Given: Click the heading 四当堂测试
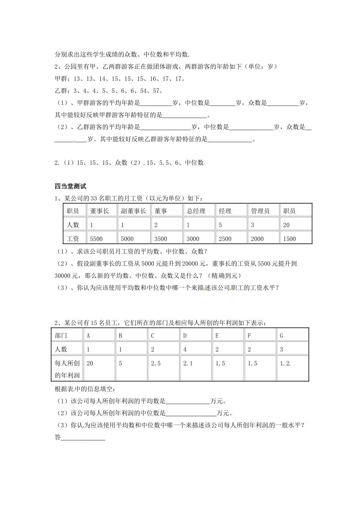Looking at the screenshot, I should pos(70,186).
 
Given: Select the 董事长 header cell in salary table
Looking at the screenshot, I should pos(99,211).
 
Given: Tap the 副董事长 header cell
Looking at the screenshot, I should pos(133,211).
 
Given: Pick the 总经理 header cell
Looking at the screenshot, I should pos(196,211).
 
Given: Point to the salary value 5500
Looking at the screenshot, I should pos(96,239).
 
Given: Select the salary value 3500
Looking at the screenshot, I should pos(161,239).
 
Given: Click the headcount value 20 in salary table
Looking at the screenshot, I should pos(286,225).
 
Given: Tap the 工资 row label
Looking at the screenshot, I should pos(73,239).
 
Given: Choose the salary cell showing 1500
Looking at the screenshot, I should pos(290,239).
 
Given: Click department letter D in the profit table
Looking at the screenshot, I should pos(185,336).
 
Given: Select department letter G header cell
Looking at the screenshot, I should pos(282,336).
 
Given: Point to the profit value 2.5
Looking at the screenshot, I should pos(156,364).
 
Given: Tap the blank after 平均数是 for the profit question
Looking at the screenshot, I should pos(188,402).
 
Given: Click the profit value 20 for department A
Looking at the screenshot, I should pos(90,364).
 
